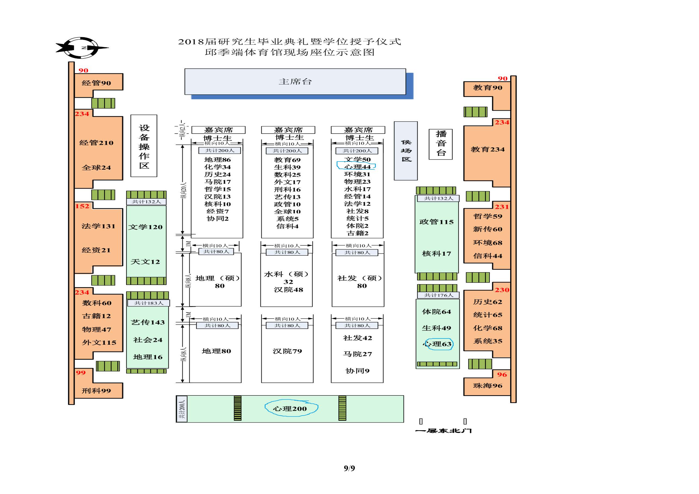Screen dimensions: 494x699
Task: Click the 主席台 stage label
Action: pos(295,81)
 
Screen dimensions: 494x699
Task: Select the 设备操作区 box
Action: pos(144,146)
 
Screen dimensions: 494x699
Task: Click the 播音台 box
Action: pos(441,144)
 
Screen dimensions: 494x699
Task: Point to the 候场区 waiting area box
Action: pos(406,151)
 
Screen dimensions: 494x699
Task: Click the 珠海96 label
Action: pos(487,386)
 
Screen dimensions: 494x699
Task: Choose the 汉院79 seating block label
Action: pos(287,351)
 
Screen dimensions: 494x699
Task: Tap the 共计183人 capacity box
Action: pos(149,303)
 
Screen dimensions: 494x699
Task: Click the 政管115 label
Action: pos(436,222)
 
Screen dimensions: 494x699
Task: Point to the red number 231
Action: pos(502,207)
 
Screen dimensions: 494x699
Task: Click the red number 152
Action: pos(82,206)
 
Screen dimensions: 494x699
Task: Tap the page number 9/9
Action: pos(349,468)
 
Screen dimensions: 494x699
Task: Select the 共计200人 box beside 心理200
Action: pos(182,409)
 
